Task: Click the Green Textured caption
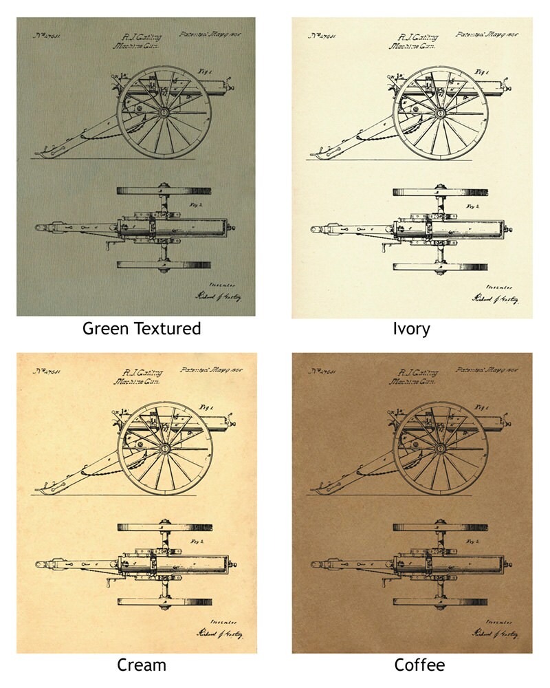coord(142,329)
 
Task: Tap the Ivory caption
coord(411,329)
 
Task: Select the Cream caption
coord(142,665)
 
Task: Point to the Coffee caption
coord(419,665)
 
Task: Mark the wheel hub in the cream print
coord(164,448)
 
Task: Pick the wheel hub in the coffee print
coord(440,448)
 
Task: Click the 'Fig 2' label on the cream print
coord(197,541)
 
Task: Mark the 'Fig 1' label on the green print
coord(203,71)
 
